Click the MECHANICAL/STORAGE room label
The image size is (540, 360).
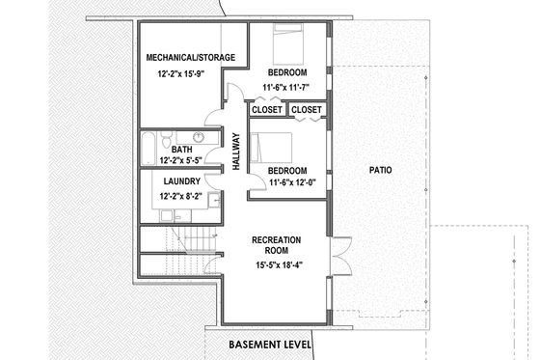[190, 58]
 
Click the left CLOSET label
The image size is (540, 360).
[267, 110]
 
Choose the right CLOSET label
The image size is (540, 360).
[306, 110]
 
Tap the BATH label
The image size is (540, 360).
[181, 150]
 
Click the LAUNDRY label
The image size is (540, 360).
[181, 181]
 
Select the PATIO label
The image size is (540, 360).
[381, 170]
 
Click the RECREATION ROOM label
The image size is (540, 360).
[277, 245]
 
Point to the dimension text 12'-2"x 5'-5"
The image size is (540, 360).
[181, 162]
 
